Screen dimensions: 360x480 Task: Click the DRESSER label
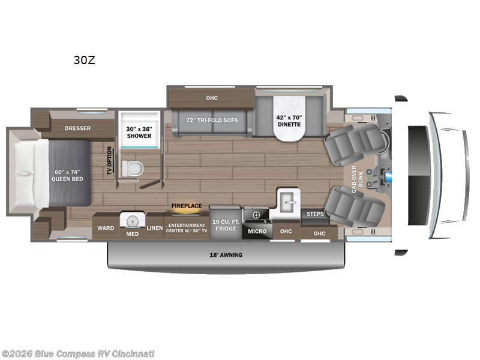click(x=77, y=127)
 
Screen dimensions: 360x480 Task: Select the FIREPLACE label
click(x=187, y=205)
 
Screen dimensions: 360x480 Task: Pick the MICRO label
click(x=257, y=231)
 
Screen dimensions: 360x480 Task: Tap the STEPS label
click(x=315, y=214)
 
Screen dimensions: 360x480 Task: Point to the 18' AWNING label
click(x=226, y=255)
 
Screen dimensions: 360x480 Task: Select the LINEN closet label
click(x=155, y=228)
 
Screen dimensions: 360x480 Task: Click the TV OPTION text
click(x=109, y=161)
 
